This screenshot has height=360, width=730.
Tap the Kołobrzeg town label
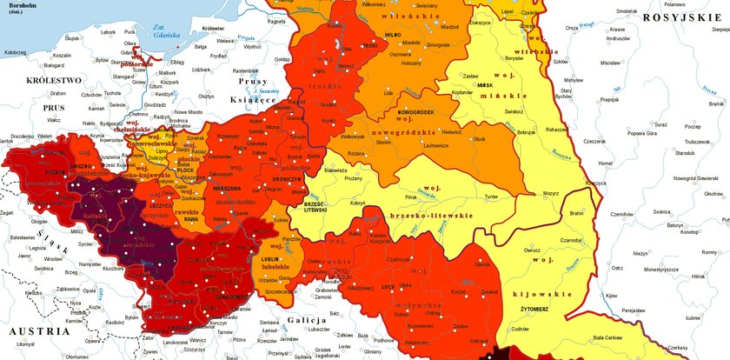(16, 52)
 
